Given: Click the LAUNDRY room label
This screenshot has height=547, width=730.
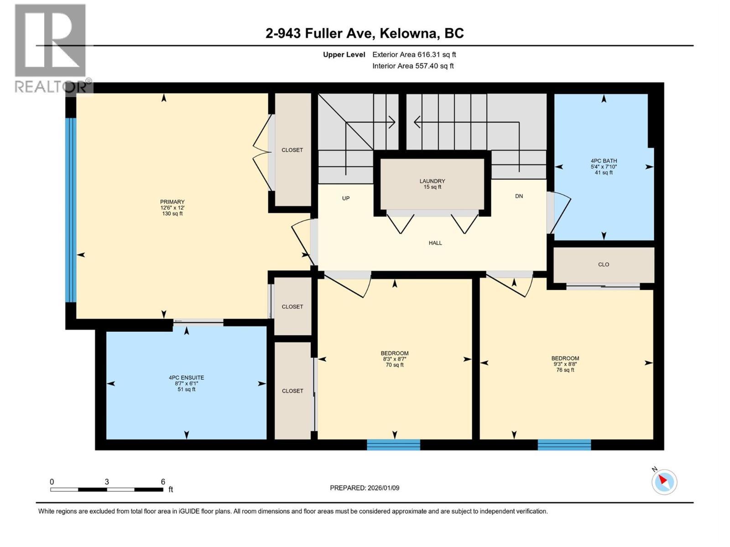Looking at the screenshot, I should (x=432, y=181).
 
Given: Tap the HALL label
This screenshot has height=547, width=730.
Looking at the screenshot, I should (x=435, y=243).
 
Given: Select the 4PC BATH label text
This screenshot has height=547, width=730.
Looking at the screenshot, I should (x=604, y=161).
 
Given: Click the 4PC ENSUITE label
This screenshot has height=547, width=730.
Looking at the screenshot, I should (x=186, y=378).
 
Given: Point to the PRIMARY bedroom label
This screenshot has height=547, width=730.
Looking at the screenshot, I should (x=172, y=202).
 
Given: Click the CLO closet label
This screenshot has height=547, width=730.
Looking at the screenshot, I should (x=603, y=264).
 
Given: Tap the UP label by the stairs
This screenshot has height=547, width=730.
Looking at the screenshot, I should (x=346, y=198).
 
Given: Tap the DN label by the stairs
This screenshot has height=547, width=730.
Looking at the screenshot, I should (x=519, y=196).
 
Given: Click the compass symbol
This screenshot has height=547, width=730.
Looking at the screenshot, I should (x=664, y=482).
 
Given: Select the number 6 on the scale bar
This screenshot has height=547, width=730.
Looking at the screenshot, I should (x=163, y=482).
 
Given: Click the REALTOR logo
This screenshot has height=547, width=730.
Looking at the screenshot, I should (x=50, y=48).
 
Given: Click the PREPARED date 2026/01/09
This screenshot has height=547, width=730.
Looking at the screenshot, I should (x=365, y=488).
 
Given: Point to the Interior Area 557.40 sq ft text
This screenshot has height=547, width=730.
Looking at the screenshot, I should (x=413, y=66).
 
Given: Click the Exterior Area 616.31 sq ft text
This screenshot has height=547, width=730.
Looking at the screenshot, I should (x=414, y=55).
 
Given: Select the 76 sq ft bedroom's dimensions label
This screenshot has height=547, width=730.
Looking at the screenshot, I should (x=565, y=364).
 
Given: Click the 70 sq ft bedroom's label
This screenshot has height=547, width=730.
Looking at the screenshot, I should (x=394, y=353).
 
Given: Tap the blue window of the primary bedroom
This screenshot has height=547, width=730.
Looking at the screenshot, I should (x=70, y=210).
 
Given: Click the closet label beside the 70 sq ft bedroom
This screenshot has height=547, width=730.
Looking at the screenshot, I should (x=292, y=391).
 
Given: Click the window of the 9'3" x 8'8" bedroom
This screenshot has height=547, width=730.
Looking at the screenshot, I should (x=564, y=444).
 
